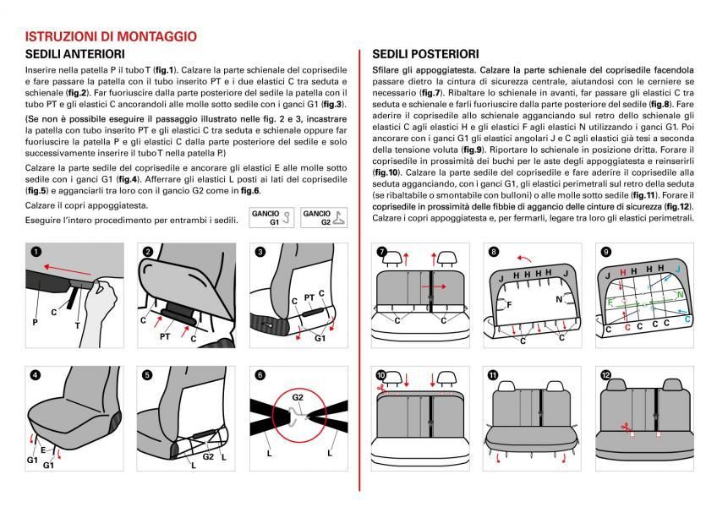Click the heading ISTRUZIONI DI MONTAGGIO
tap(111, 37)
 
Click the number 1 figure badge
tap(34, 252)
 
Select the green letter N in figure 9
tap(681, 295)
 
